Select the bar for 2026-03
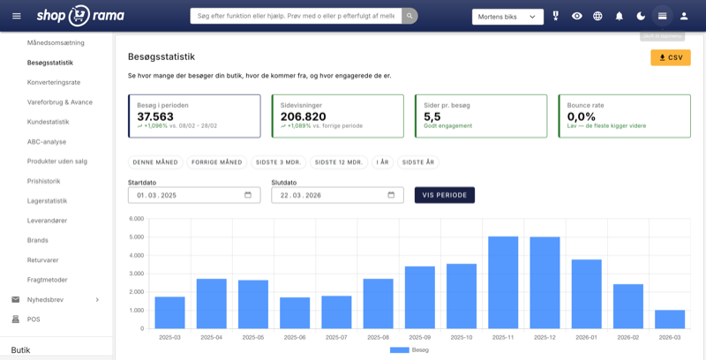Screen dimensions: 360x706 click(x=670, y=319)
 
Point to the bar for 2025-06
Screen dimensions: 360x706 click(x=295, y=312)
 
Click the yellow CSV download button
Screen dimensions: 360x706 click(x=671, y=57)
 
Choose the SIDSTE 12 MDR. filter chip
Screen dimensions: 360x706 click(x=339, y=162)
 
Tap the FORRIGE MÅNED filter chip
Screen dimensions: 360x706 click(x=218, y=162)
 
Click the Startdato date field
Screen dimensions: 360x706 click(x=185, y=195)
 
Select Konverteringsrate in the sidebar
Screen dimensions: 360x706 click(x=55, y=82)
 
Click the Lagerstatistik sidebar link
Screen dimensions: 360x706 click(x=48, y=200)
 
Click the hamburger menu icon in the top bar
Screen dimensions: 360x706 click(x=16, y=16)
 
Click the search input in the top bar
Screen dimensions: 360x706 click(x=296, y=16)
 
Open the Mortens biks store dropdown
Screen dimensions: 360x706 click(x=507, y=16)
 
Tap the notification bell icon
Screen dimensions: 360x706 click(x=620, y=16)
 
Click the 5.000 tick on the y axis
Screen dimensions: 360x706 click(x=136, y=236)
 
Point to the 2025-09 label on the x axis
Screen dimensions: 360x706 click(x=419, y=336)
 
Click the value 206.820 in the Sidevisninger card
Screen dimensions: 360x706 click(x=303, y=116)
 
